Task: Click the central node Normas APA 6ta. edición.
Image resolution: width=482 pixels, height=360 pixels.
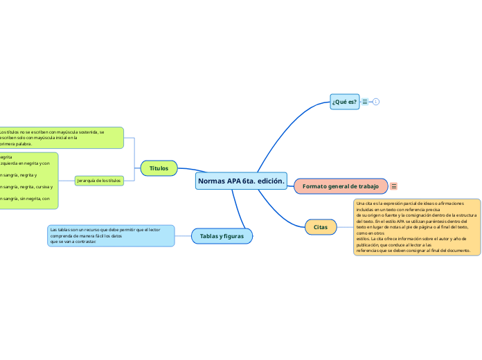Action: [x=242, y=181]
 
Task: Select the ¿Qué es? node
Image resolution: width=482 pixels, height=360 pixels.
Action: [x=344, y=102]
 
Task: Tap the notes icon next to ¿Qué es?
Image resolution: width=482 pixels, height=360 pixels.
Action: [x=366, y=102]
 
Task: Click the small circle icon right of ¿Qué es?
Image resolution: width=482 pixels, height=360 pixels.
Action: [x=376, y=102]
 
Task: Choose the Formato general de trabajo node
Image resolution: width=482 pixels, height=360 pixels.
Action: [x=341, y=186]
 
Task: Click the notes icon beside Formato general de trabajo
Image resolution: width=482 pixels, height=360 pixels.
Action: [x=394, y=186]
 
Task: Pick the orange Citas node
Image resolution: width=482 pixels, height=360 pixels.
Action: [x=321, y=226]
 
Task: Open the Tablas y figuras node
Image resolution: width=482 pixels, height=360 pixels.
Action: [x=222, y=237]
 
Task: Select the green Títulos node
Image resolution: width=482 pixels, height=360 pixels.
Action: [x=159, y=168]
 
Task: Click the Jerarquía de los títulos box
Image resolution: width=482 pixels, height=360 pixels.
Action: [x=98, y=181]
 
